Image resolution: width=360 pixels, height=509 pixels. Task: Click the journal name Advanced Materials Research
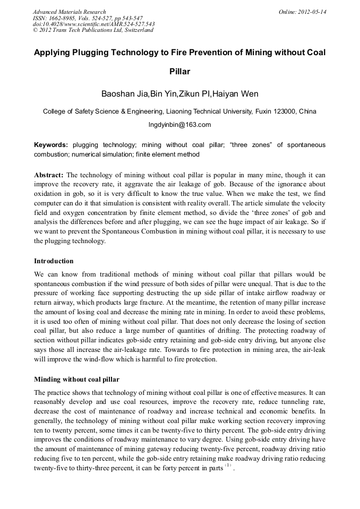69,12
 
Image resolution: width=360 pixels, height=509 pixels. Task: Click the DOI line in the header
93,24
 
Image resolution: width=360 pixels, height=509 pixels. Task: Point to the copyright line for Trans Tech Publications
93,30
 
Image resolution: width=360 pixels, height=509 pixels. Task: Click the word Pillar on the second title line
179,71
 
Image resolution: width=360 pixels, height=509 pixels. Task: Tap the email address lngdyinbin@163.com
179,125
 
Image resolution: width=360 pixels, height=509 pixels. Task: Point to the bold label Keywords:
51,145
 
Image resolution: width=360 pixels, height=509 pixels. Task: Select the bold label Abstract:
49,175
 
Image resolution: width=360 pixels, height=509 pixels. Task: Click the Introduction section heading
54,261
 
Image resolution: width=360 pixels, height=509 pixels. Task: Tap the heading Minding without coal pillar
76,379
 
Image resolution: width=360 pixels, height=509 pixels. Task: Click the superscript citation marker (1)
228,465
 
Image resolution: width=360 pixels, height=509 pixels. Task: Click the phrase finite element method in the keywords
168,154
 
